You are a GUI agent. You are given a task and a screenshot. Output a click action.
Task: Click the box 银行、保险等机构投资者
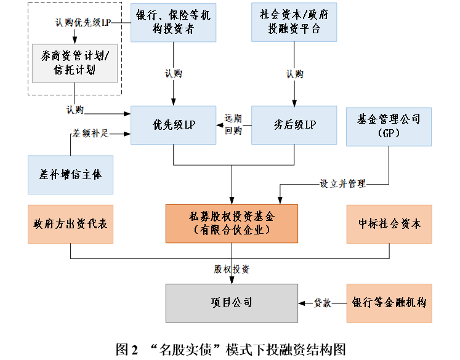174,23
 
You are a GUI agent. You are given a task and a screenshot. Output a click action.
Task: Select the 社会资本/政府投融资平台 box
294,22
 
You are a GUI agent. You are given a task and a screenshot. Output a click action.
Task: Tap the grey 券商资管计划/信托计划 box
75,63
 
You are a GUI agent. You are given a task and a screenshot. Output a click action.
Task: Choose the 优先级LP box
174,125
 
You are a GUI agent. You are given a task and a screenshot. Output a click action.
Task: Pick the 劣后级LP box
294,125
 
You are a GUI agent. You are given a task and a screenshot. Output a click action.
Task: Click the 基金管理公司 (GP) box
389,127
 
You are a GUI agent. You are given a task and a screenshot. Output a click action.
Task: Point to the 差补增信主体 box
70,175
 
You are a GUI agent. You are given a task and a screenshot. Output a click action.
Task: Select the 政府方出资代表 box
70,224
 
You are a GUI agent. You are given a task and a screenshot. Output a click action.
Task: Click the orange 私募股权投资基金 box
232,223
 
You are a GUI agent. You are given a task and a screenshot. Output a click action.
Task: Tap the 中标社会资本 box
389,224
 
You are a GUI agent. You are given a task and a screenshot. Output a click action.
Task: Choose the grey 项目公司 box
232,303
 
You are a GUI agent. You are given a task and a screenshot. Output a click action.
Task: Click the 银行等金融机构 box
389,303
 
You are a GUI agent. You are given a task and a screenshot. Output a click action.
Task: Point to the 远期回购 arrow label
233,124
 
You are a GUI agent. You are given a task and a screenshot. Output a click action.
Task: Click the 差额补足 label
91,134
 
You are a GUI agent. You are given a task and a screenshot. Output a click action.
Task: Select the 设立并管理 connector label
342,184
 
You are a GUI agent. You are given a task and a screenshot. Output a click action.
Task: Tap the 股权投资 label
232,269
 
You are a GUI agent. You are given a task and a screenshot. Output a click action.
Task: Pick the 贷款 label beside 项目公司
323,303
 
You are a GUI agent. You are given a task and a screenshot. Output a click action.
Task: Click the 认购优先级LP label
83,23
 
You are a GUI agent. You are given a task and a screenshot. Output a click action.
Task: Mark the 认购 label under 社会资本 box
295,74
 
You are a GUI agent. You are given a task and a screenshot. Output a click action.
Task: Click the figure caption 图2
127,350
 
